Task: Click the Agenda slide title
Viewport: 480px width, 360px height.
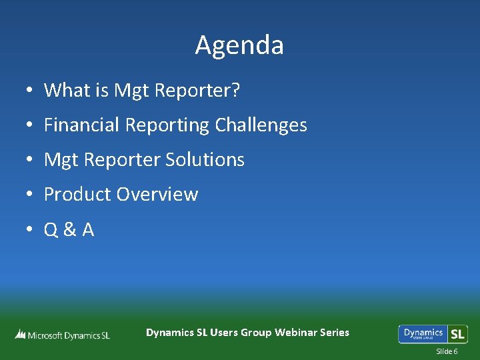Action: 239,45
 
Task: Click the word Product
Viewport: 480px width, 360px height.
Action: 77,195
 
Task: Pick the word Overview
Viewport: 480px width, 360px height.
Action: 157,195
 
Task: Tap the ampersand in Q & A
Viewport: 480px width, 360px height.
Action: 69,230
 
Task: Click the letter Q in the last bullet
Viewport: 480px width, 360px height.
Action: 51,230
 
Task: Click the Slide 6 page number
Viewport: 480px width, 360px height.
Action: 447,351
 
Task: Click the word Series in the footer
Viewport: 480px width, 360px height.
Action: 334,332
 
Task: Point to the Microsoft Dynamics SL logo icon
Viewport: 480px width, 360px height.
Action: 20,335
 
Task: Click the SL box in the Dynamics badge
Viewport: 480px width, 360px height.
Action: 457,334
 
